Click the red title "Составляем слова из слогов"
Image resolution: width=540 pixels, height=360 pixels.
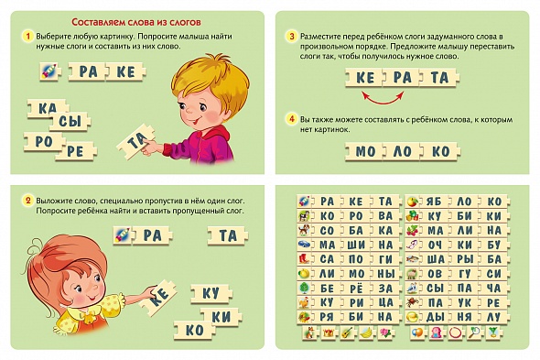pyautogui.click(x=136, y=22)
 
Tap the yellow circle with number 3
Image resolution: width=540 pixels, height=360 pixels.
pyautogui.click(x=292, y=37)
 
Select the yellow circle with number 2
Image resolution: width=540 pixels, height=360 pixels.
pyautogui.click(x=27, y=201)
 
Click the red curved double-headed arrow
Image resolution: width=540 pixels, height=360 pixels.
pyautogui.click(x=383, y=98)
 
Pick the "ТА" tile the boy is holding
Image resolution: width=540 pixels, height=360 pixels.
pyautogui.click(x=137, y=141)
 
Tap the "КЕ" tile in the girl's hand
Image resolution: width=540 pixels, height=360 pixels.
pyautogui.click(x=158, y=297)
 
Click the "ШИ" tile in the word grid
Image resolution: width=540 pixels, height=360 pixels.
pyautogui.click(x=356, y=245)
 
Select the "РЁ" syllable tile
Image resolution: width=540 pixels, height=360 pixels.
pyautogui.click(x=356, y=288)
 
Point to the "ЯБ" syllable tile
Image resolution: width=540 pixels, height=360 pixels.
pyautogui.click(x=434, y=202)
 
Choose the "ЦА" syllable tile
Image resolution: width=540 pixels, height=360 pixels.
pyautogui.click(x=385, y=302)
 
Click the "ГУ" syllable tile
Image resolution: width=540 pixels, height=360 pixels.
pyautogui.click(x=464, y=274)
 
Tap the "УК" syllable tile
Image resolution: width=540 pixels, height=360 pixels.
pyautogui.click(x=464, y=302)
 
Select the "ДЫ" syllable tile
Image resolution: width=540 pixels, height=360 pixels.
pyautogui.click(x=434, y=317)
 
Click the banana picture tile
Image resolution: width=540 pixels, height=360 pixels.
pyautogui.click(x=366, y=333)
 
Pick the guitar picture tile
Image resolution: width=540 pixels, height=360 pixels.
pyautogui.click(x=348, y=333)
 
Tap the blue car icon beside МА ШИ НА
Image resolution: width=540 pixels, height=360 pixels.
pyautogui.click(x=304, y=245)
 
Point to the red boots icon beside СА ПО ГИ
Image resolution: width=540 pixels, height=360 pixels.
pyautogui.click(x=304, y=259)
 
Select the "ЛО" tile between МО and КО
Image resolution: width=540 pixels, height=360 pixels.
pyautogui.click(x=402, y=151)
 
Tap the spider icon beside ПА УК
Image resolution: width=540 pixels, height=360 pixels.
pyautogui.click(x=412, y=302)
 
